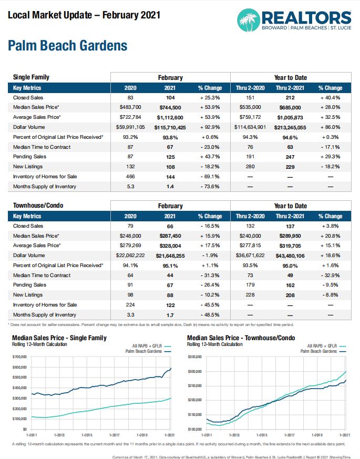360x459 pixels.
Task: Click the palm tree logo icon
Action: [x=249, y=20]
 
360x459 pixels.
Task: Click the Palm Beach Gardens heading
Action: [x=68, y=46]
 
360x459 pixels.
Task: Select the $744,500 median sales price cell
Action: [x=170, y=107]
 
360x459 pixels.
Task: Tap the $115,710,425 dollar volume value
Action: [x=170, y=128]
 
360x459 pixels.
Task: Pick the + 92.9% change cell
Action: [x=210, y=127]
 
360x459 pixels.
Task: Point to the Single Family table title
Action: [x=31, y=77]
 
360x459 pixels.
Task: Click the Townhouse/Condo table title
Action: [x=38, y=206]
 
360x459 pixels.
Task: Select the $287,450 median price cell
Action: [x=170, y=236]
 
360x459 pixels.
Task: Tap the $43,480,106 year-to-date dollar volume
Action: [x=290, y=256]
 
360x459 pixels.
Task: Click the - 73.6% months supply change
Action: [x=210, y=187]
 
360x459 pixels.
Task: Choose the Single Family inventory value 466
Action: [x=130, y=177]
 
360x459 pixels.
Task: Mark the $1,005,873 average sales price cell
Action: [x=290, y=118]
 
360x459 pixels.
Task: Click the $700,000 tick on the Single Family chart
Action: [x=19, y=357]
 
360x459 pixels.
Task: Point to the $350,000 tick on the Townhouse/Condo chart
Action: [x=194, y=357]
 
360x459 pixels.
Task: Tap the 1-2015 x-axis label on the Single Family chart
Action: [x=87, y=435]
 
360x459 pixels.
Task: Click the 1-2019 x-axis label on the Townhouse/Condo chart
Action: [x=317, y=435]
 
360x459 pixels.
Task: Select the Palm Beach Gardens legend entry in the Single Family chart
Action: [x=148, y=351]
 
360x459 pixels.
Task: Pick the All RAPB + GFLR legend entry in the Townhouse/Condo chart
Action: [x=326, y=346]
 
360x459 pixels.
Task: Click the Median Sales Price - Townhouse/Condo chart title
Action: [x=241, y=338]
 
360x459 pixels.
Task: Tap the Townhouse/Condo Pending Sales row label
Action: [x=29, y=285]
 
